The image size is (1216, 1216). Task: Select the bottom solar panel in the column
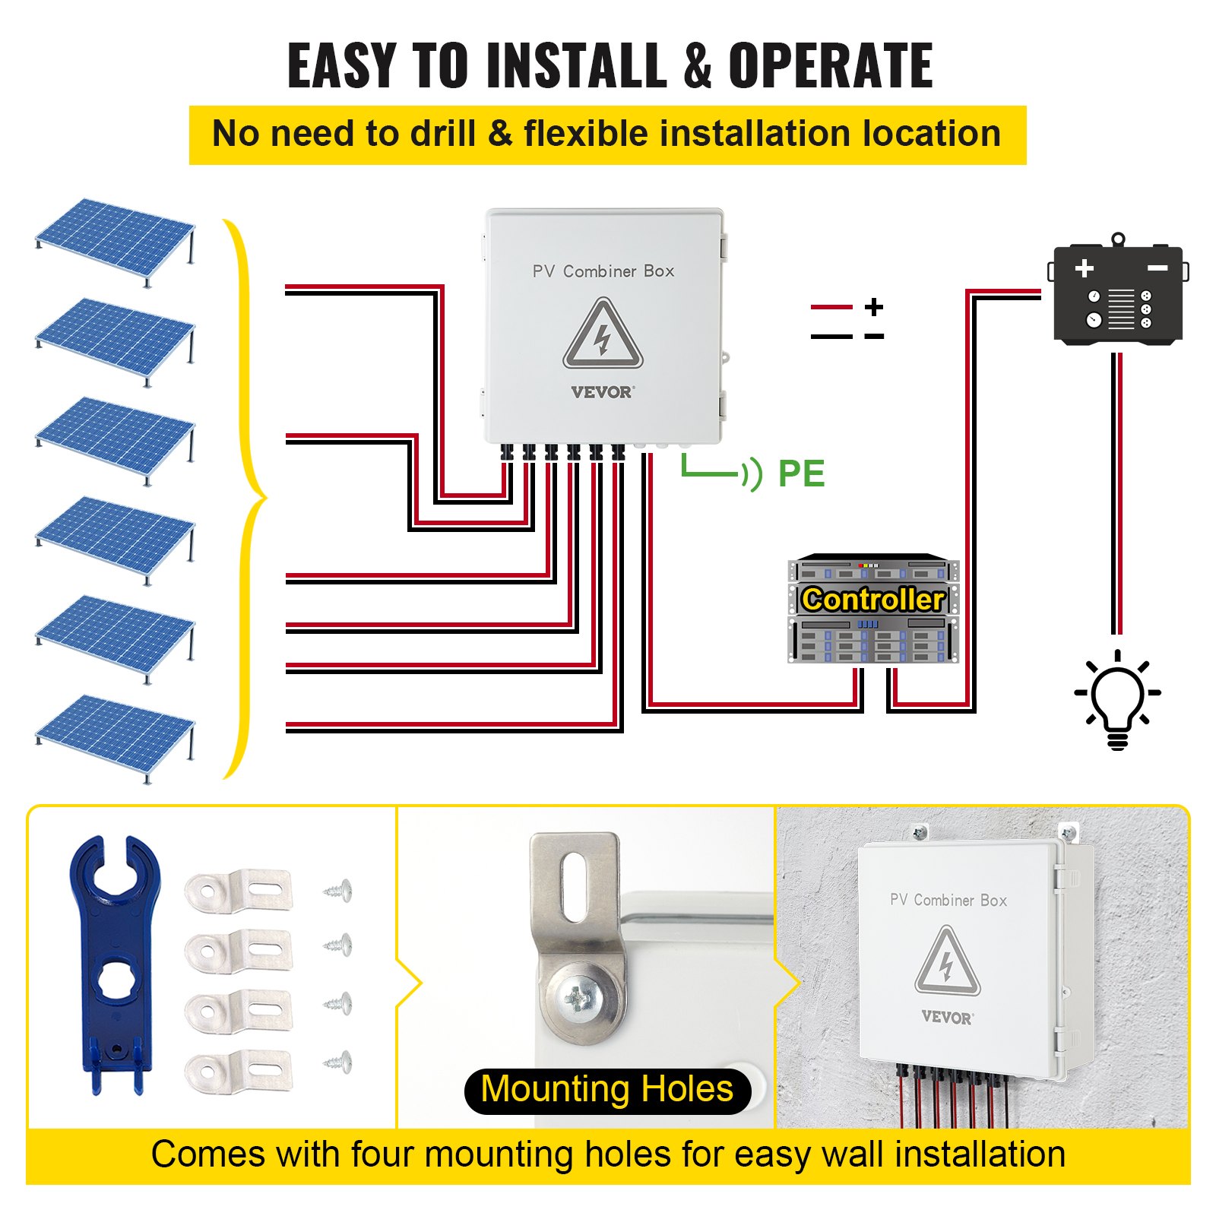pos(114,730)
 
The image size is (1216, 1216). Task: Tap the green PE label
pos(801,474)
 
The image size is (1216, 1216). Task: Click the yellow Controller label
pos(872,600)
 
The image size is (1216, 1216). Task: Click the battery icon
pos(1117,293)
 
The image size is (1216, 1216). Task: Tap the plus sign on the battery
pos(1085,268)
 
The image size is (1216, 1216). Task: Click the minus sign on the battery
pos(1157,268)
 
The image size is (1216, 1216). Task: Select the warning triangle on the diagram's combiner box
pos(603,337)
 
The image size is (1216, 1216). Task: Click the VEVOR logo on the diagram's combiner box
pos(602,392)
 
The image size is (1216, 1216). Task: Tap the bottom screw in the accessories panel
pos(338,1062)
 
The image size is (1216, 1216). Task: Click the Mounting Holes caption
pos(607,1090)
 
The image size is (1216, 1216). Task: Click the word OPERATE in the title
pos(830,66)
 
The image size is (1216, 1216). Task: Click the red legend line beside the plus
pos(831,306)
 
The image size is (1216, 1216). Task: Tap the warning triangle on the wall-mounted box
pos(947,962)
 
